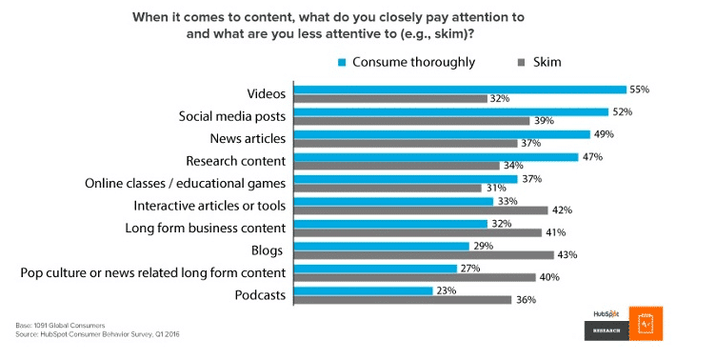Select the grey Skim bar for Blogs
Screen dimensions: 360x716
(x=423, y=255)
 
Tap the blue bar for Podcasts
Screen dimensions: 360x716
(x=362, y=290)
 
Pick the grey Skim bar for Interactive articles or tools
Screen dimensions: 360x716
(x=420, y=210)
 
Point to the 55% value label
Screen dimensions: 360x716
(x=640, y=89)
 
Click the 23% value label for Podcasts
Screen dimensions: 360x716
(x=447, y=290)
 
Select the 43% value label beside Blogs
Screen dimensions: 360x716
(x=567, y=255)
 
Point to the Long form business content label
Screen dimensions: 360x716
(x=206, y=228)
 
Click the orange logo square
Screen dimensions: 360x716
(x=646, y=325)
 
